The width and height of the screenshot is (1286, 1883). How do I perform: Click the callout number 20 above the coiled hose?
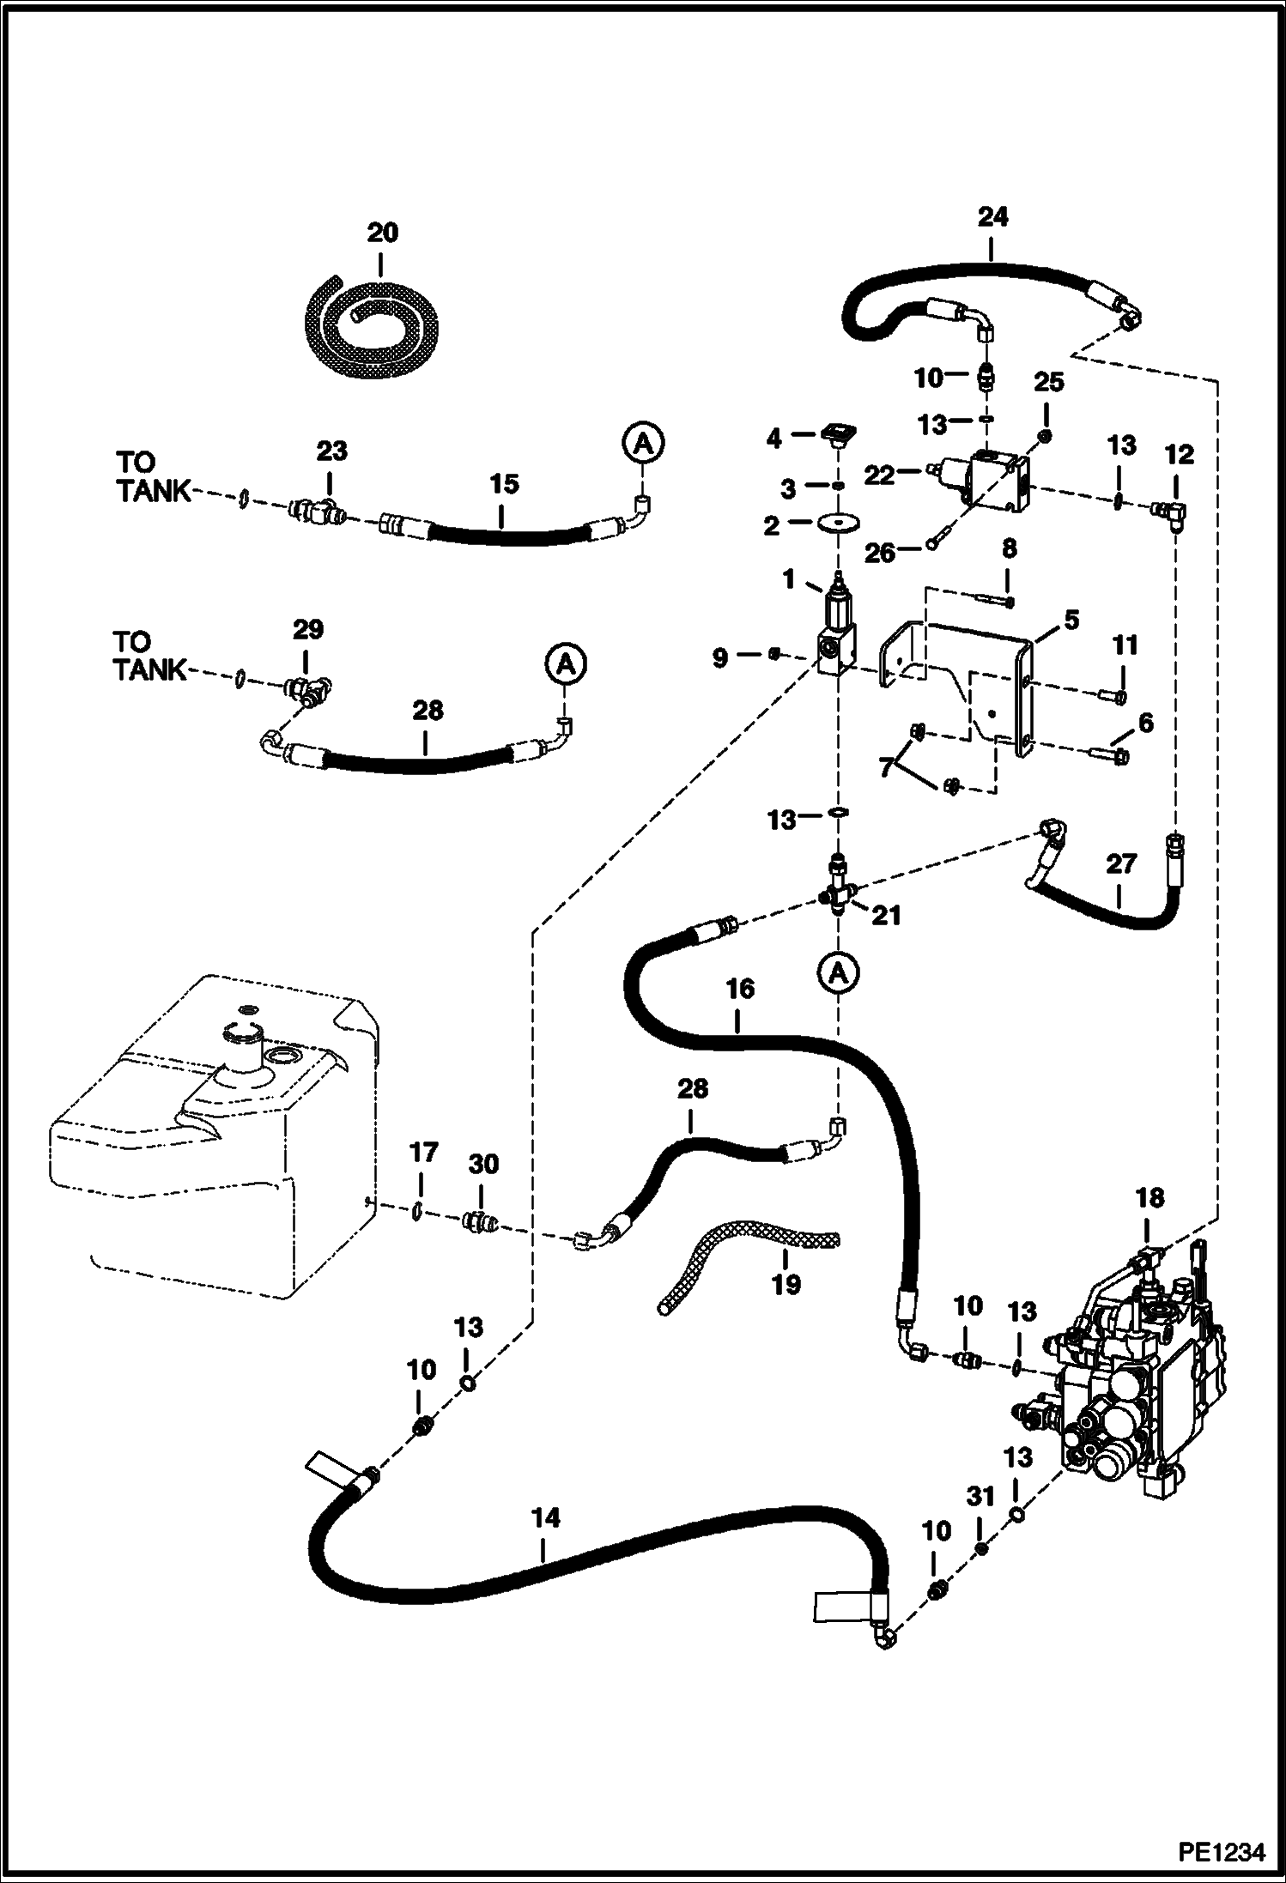tap(383, 233)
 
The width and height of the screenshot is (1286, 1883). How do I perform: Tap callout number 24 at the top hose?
tap(992, 217)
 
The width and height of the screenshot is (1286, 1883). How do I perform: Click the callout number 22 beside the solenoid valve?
tap(879, 475)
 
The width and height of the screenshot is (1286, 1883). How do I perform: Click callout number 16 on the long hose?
tap(739, 989)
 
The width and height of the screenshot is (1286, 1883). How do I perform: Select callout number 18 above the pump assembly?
tap(1150, 1199)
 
